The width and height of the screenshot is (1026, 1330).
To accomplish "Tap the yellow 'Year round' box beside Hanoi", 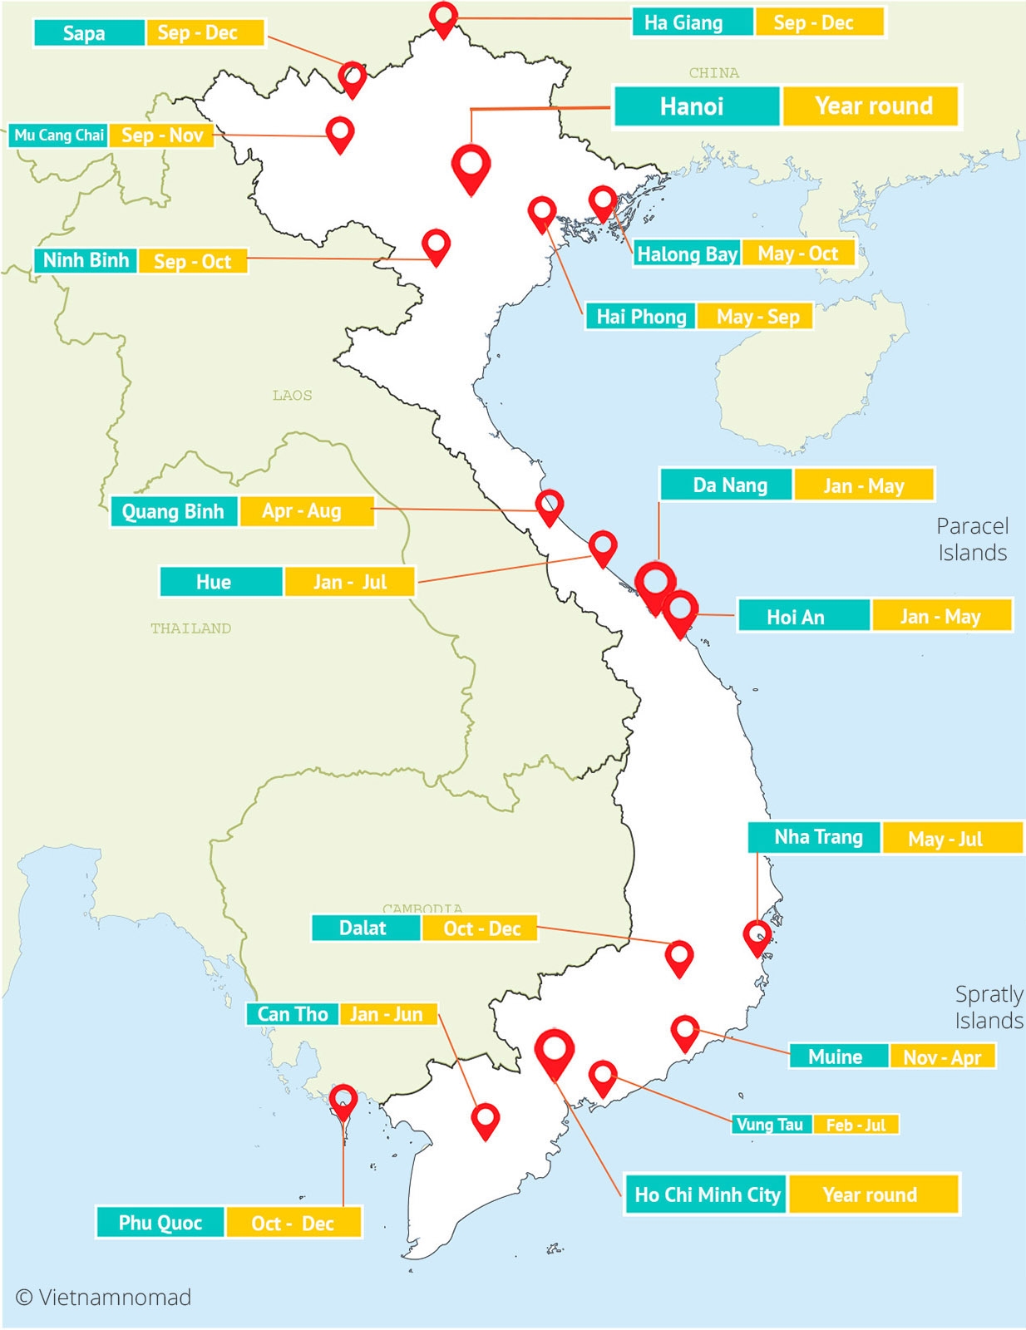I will [x=871, y=106].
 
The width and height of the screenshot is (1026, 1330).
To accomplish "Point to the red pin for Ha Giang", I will [x=444, y=17].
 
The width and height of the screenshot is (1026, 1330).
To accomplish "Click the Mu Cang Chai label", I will [x=59, y=135].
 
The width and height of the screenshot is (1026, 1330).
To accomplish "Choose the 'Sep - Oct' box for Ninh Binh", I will [x=192, y=262].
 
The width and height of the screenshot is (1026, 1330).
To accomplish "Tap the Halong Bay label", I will [x=686, y=254].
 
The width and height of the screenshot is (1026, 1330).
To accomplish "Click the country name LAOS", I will [x=293, y=396].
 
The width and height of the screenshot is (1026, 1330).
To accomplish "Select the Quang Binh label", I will [x=174, y=511].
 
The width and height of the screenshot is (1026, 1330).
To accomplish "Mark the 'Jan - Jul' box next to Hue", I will [x=349, y=582].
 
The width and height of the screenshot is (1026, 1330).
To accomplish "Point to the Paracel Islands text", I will [x=972, y=539].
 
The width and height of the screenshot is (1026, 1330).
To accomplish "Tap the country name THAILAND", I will [x=191, y=628].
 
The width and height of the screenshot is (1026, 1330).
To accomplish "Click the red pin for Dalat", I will [x=679, y=957].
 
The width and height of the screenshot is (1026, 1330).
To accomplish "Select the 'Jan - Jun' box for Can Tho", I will [x=387, y=1014].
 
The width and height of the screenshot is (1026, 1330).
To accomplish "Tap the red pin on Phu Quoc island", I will [x=343, y=1101].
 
